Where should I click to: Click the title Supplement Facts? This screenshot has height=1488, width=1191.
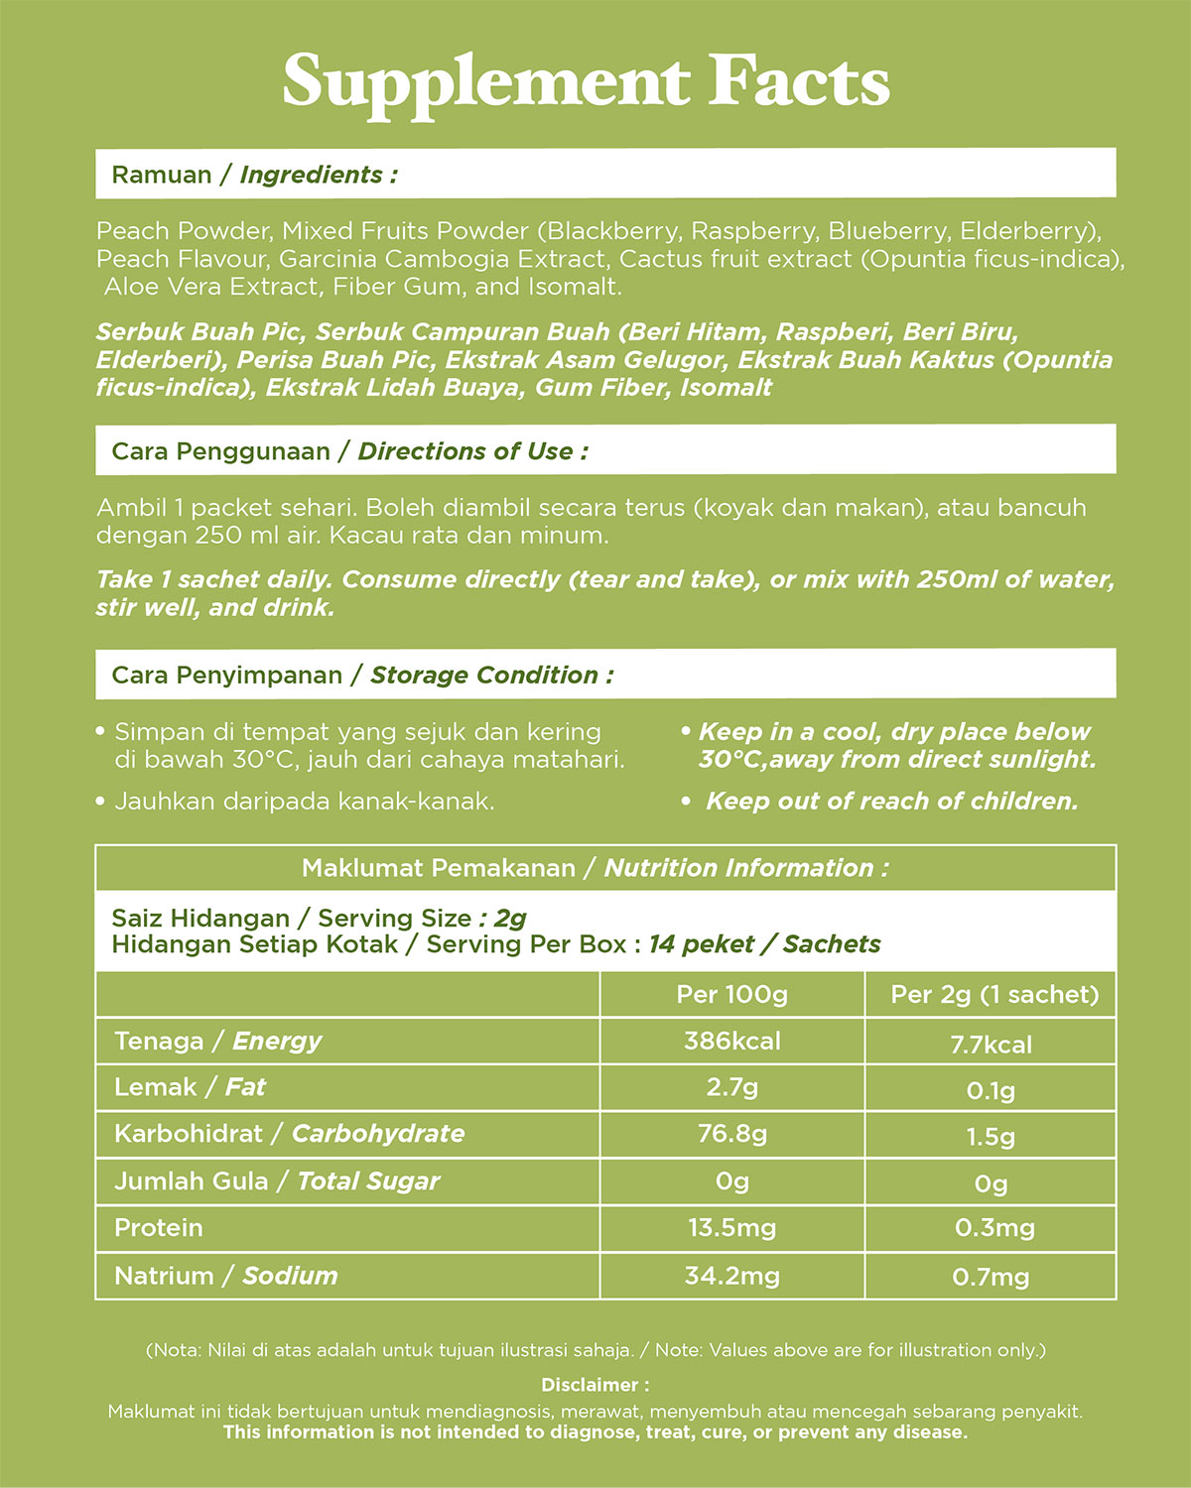tap(586, 82)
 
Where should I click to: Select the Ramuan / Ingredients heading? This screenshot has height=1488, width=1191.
tap(254, 175)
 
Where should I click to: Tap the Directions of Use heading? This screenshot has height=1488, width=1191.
tap(349, 451)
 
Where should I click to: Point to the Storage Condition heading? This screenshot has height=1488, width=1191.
tap(362, 676)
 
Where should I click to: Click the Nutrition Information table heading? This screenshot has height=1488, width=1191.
tap(595, 868)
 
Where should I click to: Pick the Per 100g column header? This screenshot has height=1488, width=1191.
tap(731, 995)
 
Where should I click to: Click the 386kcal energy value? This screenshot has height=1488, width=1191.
tap(731, 1042)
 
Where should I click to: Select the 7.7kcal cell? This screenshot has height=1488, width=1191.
tap(991, 1045)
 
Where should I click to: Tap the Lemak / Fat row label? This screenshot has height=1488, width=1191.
tap(190, 1087)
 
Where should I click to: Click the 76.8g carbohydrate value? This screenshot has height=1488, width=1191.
tap(731, 1134)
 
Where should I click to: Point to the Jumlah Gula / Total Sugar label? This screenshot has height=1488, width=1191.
tap(276, 1181)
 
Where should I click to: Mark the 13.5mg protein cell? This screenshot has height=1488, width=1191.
tap(731, 1228)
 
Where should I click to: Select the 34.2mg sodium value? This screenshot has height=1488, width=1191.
tap(731, 1276)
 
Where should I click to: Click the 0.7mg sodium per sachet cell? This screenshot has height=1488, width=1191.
tap(991, 1277)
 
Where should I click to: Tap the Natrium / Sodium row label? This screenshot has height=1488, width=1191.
tap(225, 1276)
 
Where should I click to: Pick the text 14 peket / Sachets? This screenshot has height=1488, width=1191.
tap(764, 944)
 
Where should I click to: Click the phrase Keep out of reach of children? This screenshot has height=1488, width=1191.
tap(891, 802)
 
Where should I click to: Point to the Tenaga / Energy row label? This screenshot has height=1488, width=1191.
tap(217, 1042)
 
